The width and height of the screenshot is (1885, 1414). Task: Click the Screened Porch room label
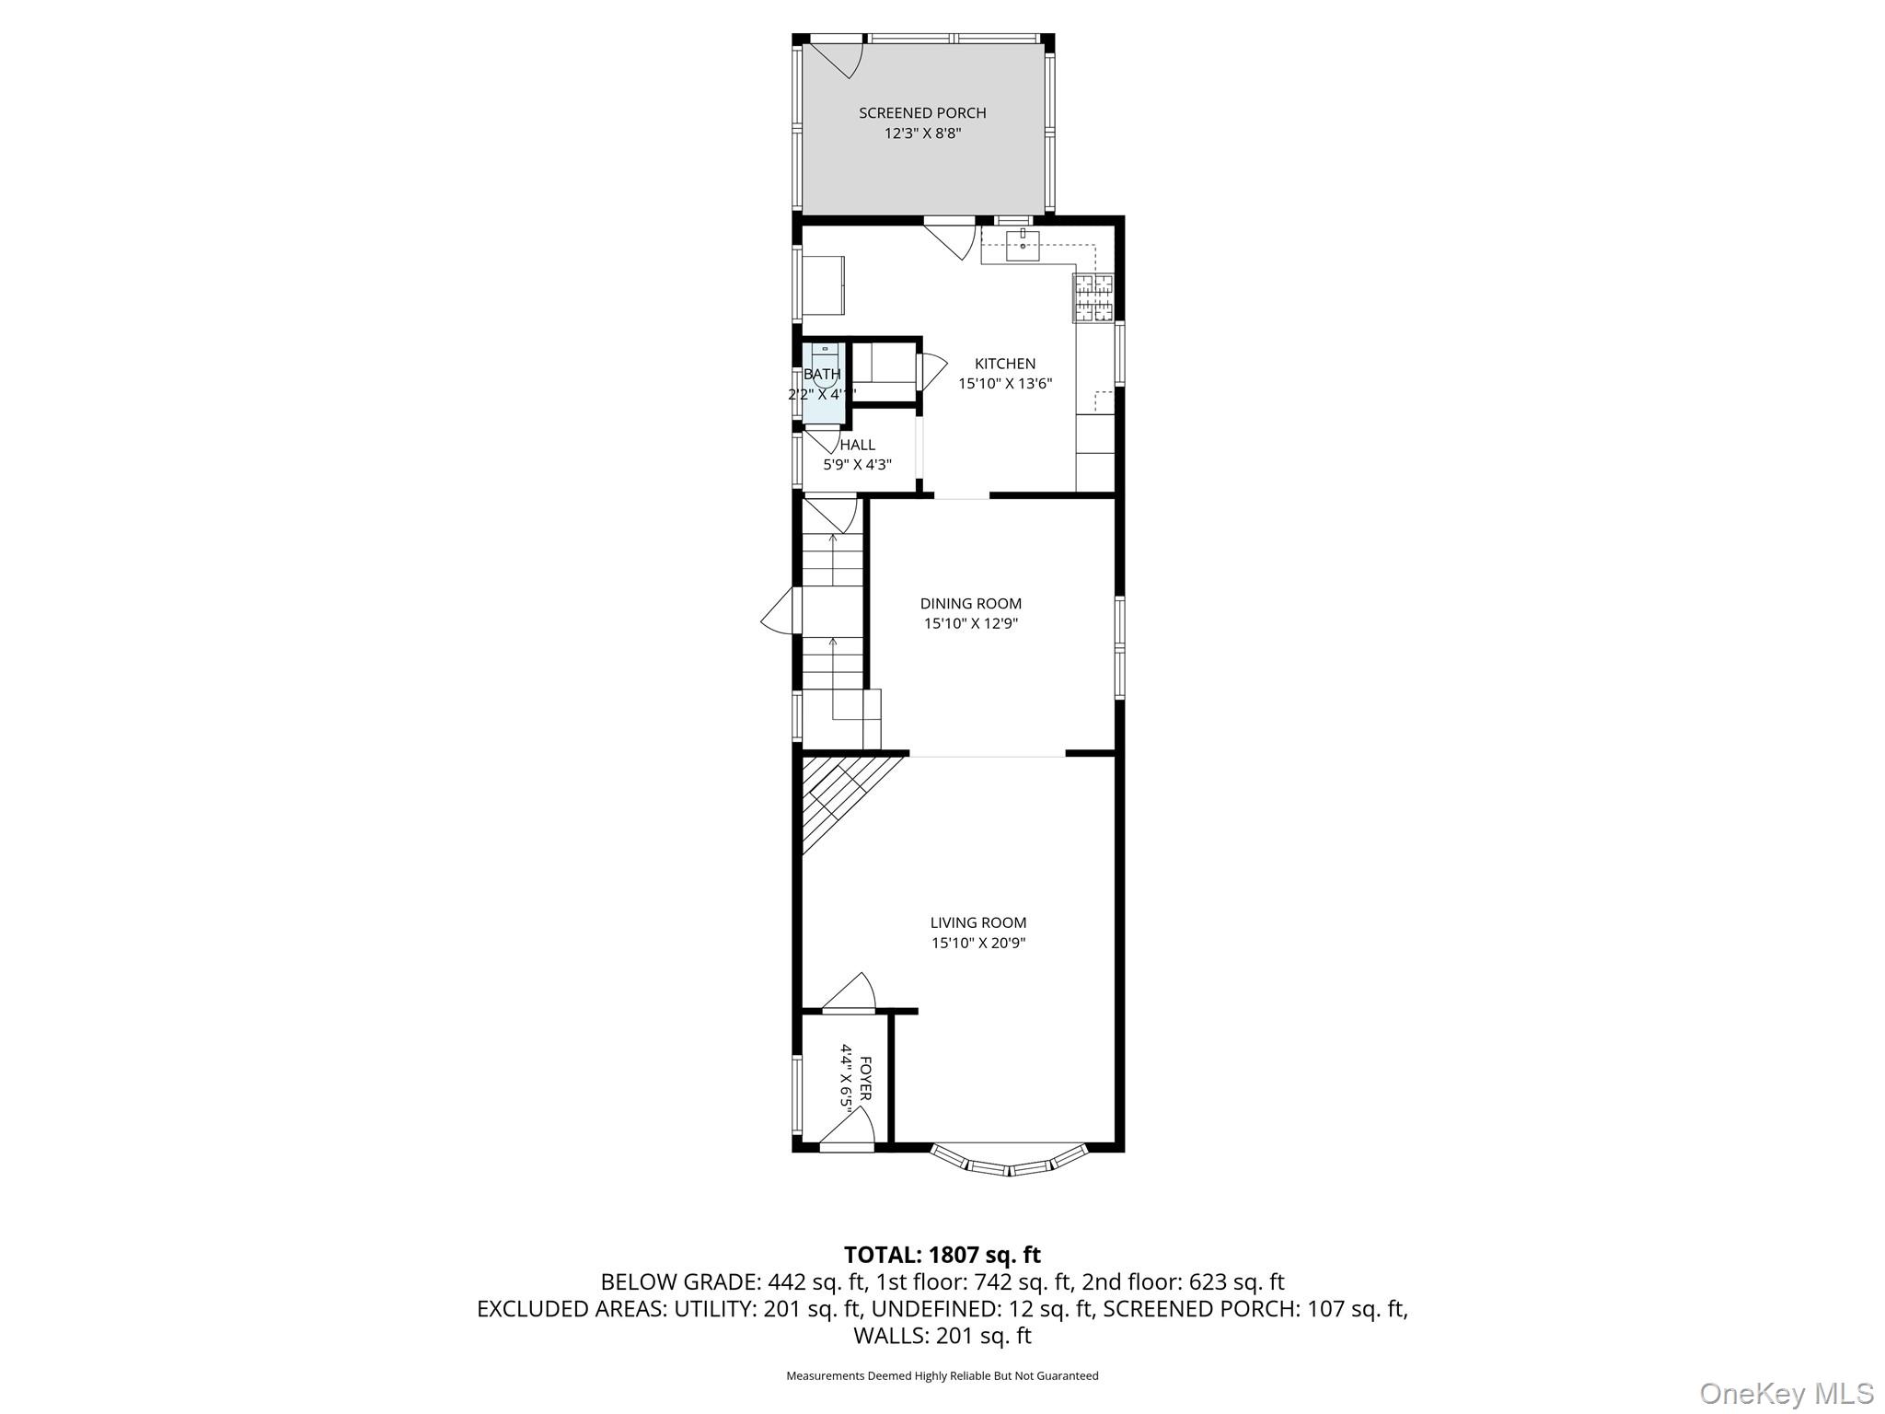[922, 113]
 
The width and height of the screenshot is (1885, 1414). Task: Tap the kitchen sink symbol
[1023, 243]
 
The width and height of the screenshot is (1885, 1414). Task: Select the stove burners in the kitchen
[1093, 297]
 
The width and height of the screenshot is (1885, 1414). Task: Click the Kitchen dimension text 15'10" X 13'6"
[1004, 384]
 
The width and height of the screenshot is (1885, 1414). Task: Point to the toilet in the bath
[825, 358]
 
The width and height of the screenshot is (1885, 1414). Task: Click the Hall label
[857, 446]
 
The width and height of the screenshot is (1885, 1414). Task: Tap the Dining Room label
[970, 604]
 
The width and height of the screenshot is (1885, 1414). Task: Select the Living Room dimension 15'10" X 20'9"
[977, 943]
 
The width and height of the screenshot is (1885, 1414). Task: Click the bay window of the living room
[1010, 1164]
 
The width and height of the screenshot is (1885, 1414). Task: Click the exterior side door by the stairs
[779, 610]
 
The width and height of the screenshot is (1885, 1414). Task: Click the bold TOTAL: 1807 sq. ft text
[942, 1255]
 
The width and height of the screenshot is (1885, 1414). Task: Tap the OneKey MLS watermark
[1786, 1393]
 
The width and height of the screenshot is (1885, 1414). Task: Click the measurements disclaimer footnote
[942, 1376]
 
